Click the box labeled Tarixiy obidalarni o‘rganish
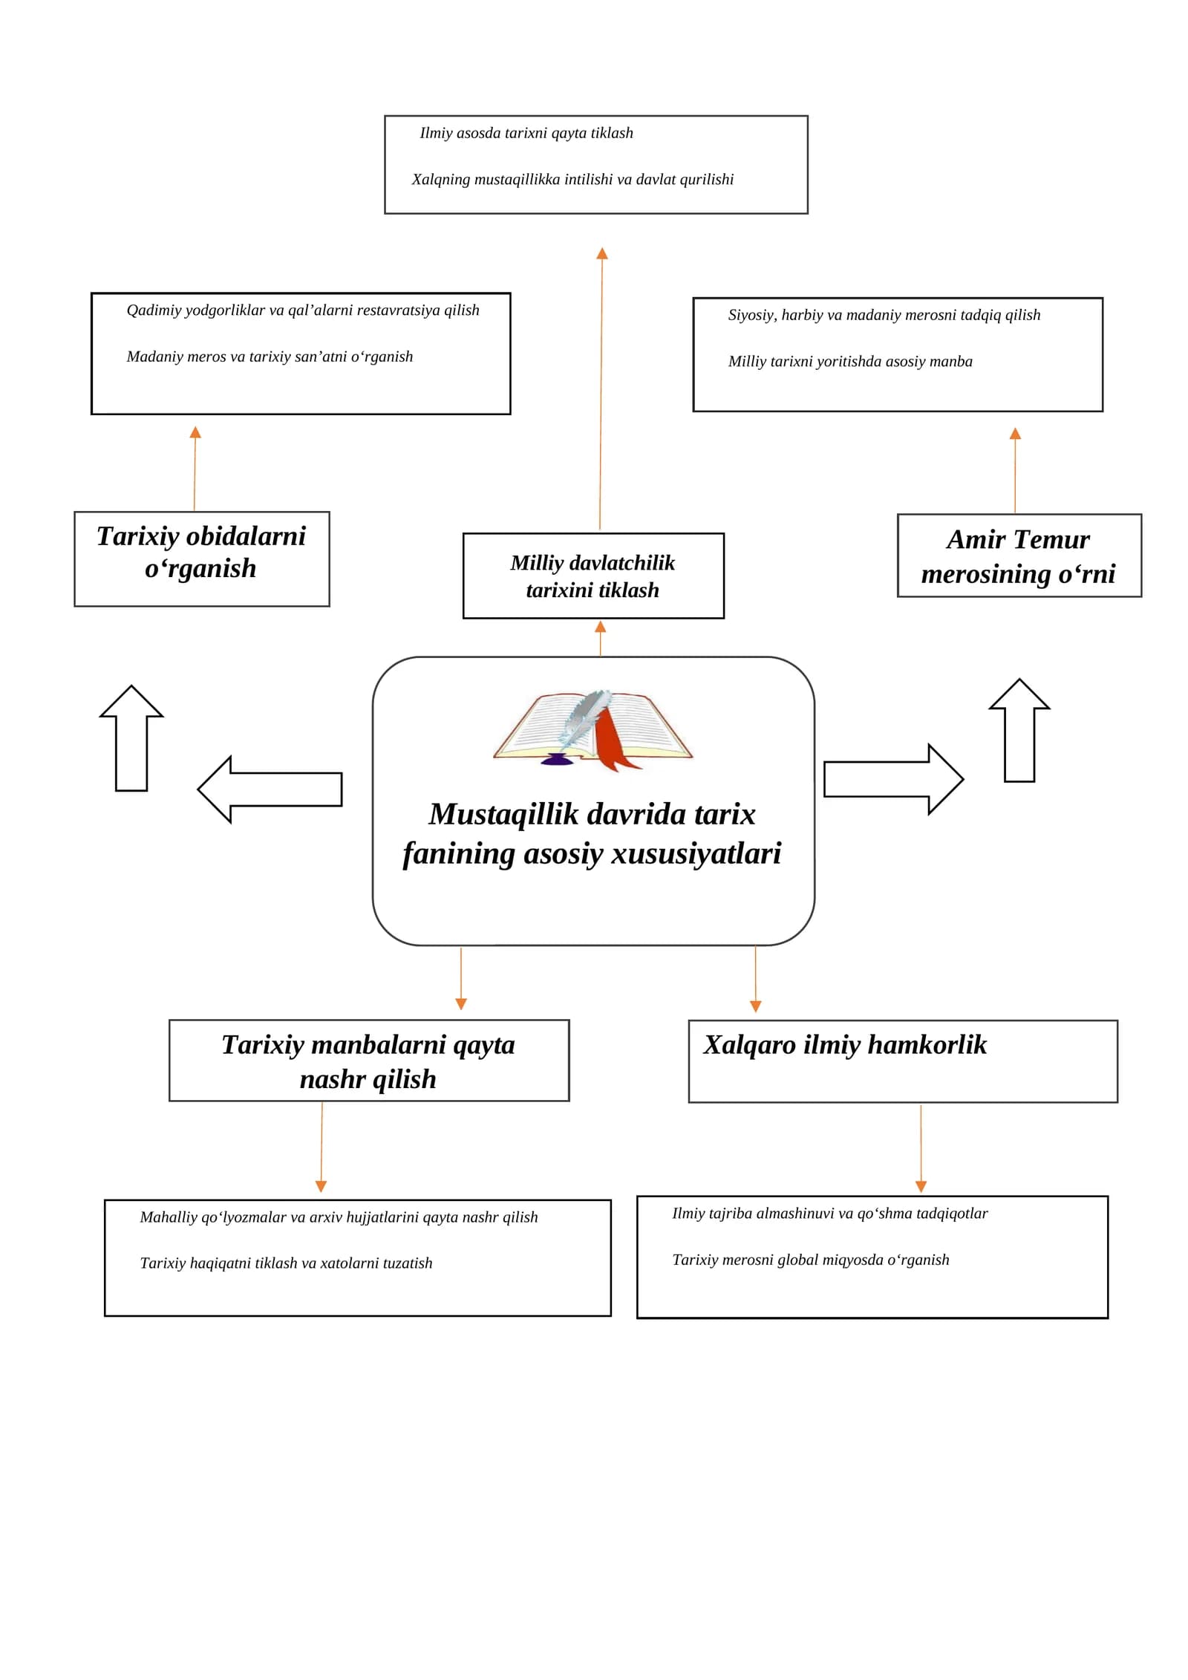[x=202, y=559]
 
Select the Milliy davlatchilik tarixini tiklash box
[x=593, y=576]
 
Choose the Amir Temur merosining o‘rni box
[x=1019, y=556]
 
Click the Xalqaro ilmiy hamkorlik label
[x=845, y=1044]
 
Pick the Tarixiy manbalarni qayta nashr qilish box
[x=369, y=1061]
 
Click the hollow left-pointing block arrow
[x=270, y=789]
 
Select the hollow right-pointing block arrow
[x=894, y=780]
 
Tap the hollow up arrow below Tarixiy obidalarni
[x=131, y=738]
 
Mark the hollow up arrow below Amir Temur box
[x=1019, y=730]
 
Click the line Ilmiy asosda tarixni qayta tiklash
[x=526, y=134]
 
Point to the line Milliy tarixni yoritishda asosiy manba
[x=850, y=362]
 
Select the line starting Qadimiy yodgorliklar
[x=303, y=310]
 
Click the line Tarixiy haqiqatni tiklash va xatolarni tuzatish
[x=286, y=1263]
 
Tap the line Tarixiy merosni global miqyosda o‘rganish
[x=811, y=1260]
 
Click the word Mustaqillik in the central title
[x=503, y=815]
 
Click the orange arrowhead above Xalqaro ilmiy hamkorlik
[x=756, y=1006]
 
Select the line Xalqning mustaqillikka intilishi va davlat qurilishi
[x=572, y=180]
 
